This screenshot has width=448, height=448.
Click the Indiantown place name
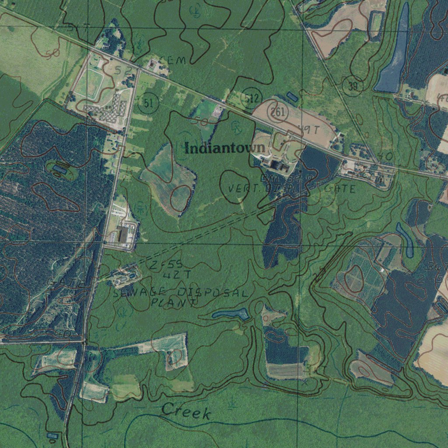(x=225, y=148)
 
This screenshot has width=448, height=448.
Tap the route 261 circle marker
(x=278, y=112)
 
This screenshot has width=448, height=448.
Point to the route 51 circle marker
(x=148, y=103)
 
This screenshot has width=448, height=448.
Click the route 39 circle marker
(x=353, y=86)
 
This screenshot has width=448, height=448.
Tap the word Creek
(x=186, y=411)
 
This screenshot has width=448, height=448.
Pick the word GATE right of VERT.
(x=340, y=189)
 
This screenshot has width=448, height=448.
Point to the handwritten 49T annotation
(x=309, y=129)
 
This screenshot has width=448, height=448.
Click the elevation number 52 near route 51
(x=123, y=70)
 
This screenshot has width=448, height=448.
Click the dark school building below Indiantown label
(x=276, y=165)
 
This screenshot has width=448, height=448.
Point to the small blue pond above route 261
(x=292, y=97)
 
